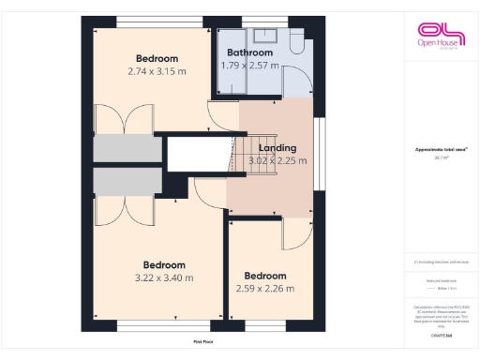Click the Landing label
click(277, 148)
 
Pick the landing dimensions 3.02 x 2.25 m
click(277, 160)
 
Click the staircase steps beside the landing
click(241, 155)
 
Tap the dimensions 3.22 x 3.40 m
click(163, 277)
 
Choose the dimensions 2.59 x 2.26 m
click(264, 288)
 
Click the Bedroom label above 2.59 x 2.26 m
click(264, 276)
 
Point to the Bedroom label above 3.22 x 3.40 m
click(163, 264)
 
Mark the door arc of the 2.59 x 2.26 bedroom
click(298, 234)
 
